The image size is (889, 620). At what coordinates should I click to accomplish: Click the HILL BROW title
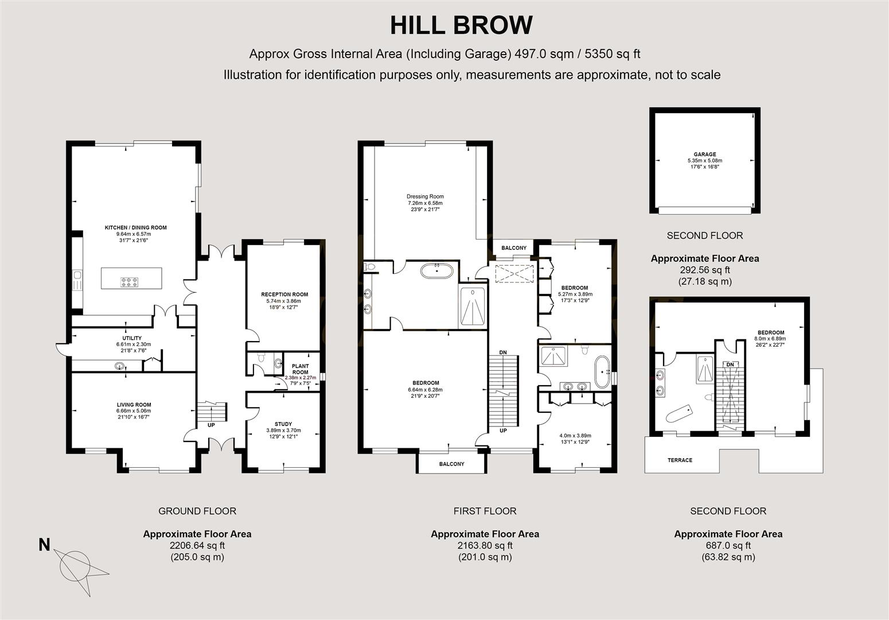click(x=461, y=26)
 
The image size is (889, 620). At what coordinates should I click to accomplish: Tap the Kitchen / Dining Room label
click(x=135, y=228)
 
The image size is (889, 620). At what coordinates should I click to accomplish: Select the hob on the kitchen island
click(x=129, y=282)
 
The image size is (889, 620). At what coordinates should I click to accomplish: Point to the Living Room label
click(x=133, y=405)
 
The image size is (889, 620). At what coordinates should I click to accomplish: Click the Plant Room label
click(x=300, y=369)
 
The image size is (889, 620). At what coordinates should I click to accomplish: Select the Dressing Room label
click(x=425, y=196)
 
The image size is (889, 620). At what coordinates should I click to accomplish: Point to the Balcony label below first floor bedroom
click(x=451, y=464)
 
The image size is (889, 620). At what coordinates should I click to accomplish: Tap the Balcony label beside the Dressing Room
click(x=514, y=248)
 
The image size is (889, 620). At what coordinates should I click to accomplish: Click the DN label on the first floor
click(x=503, y=352)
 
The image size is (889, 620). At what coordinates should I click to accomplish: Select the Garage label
click(x=705, y=154)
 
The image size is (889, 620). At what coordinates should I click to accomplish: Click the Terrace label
click(x=680, y=460)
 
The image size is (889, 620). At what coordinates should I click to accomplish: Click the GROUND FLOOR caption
click(x=197, y=511)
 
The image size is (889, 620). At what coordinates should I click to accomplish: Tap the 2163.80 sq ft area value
click(x=485, y=545)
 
